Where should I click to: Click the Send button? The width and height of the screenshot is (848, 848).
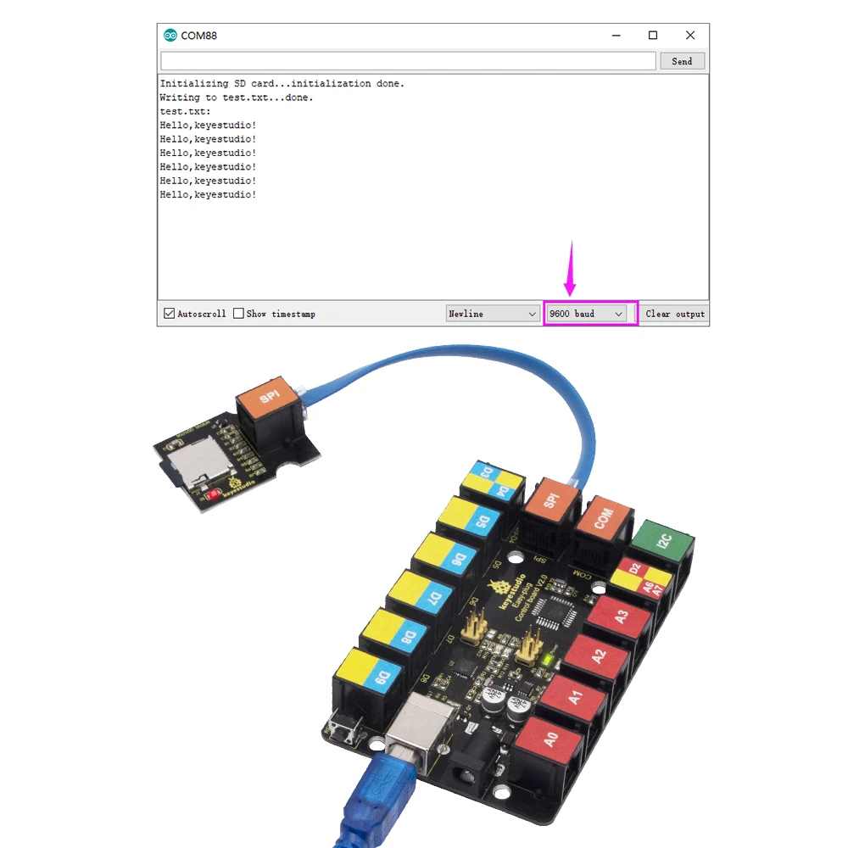[681, 61]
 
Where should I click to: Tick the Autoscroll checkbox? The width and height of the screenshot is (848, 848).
[170, 314]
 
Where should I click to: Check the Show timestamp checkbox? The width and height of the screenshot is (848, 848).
[238, 314]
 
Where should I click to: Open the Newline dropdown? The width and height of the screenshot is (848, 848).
[493, 314]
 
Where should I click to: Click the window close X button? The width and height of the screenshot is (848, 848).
[690, 36]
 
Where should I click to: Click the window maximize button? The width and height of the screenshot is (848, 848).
[653, 36]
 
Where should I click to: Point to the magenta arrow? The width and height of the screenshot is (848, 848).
[570, 270]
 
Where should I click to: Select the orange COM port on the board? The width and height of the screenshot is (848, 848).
[602, 519]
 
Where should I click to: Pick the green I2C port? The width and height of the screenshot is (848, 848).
[663, 539]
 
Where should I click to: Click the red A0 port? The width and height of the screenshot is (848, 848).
[550, 739]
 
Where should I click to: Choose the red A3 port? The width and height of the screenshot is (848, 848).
[621, 617]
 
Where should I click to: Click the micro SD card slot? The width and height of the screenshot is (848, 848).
[187, 464]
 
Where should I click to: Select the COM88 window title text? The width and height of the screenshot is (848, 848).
[199, 36]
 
